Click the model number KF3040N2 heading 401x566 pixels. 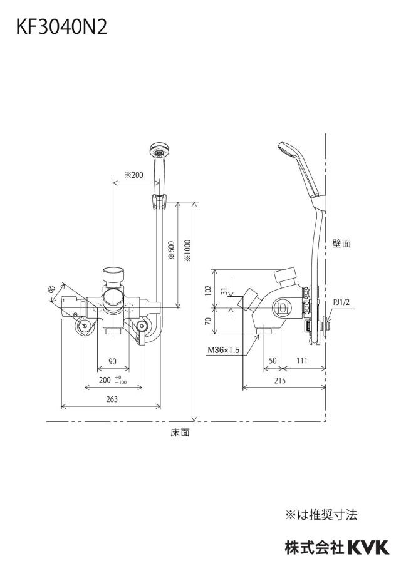pyautogui.click(x=61, y=27)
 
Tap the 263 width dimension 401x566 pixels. pyautogui.click(x=112, y=399)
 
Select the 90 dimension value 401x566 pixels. pyautogui.click(x=112, y=361)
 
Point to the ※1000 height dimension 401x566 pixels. pyautogui.click(x=187, y=251)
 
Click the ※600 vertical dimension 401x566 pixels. pyautogui.click(x=171, y=251)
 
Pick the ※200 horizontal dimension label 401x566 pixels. pyautogui.click(x=134, y=175)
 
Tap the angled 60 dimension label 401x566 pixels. pyautogui.click(x=51, y=289)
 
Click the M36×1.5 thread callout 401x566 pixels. pyautogui.click(x=223, y=349)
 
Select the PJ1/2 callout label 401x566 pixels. pyautogui.click(x=341, y=302)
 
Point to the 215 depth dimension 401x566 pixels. pyautogui.click(x=279, y=380)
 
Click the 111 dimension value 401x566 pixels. pyautogui.click(x=302, y=360)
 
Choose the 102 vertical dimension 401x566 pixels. pyautogui.click(x=208, y=291)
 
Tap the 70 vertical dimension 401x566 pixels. pyautogui.click(x=208, y=321)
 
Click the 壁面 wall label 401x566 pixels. pyautogui.click(x=341, y=244)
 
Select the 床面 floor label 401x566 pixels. pyautogui.click(x=180, y=433)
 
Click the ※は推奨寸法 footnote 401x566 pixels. pyautogui.click(x=321, y=515)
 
